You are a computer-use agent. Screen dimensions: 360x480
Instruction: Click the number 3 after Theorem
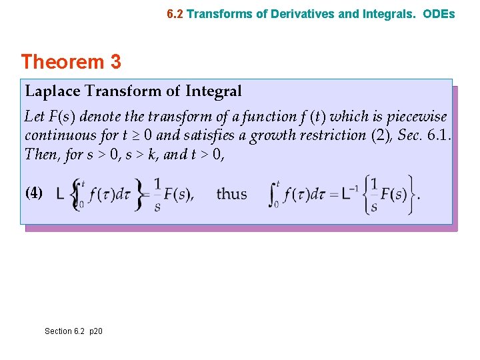coord(115,62)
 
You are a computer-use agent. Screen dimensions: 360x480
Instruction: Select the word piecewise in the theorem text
coord(417,116)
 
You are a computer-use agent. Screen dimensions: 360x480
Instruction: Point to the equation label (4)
coord(34,193)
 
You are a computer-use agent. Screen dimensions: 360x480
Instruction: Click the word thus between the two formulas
coord(232,194)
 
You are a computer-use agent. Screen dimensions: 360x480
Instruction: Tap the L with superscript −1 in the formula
coord(348,193)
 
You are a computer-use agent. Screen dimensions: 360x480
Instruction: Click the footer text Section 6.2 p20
coord(73,331)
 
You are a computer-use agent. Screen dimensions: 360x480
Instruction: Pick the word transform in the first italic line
coord(174,116)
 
